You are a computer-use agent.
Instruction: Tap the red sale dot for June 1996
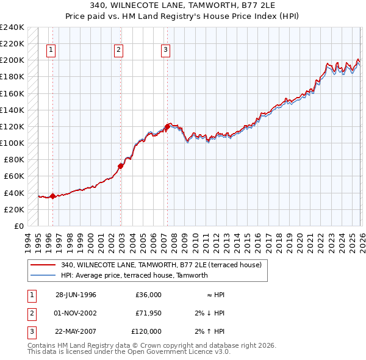tap(52, 196)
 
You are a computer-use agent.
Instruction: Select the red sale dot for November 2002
tap(121, 165)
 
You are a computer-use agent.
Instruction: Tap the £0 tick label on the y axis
tap(18, 226)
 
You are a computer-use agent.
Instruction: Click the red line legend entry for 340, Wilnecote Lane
tap(161, 265)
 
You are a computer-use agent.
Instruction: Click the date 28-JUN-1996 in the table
tap(76, 295)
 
